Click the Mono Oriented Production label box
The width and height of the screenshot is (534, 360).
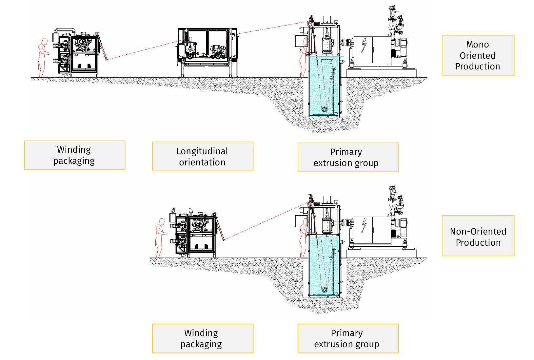point(478,55)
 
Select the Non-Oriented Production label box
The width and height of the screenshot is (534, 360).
point(478,236)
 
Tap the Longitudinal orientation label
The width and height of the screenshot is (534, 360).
point(202,157)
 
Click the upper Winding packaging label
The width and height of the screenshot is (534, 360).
point(74,155)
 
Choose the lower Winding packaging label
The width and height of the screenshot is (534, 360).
point(202,339)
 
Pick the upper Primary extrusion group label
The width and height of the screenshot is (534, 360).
point(348,157)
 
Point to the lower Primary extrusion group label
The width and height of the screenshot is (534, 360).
point(348,339)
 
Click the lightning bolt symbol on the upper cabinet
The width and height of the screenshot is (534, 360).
point(364,45)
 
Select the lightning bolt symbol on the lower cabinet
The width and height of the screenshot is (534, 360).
point(364,226)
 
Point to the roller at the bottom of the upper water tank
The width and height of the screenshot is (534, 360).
point(325,109)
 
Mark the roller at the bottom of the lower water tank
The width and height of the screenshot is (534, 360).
point(325,290)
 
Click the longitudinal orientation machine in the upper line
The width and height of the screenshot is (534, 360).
point(208,52)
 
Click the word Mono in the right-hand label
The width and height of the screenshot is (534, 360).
point(477,45)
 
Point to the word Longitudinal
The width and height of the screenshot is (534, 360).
point(202,151)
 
